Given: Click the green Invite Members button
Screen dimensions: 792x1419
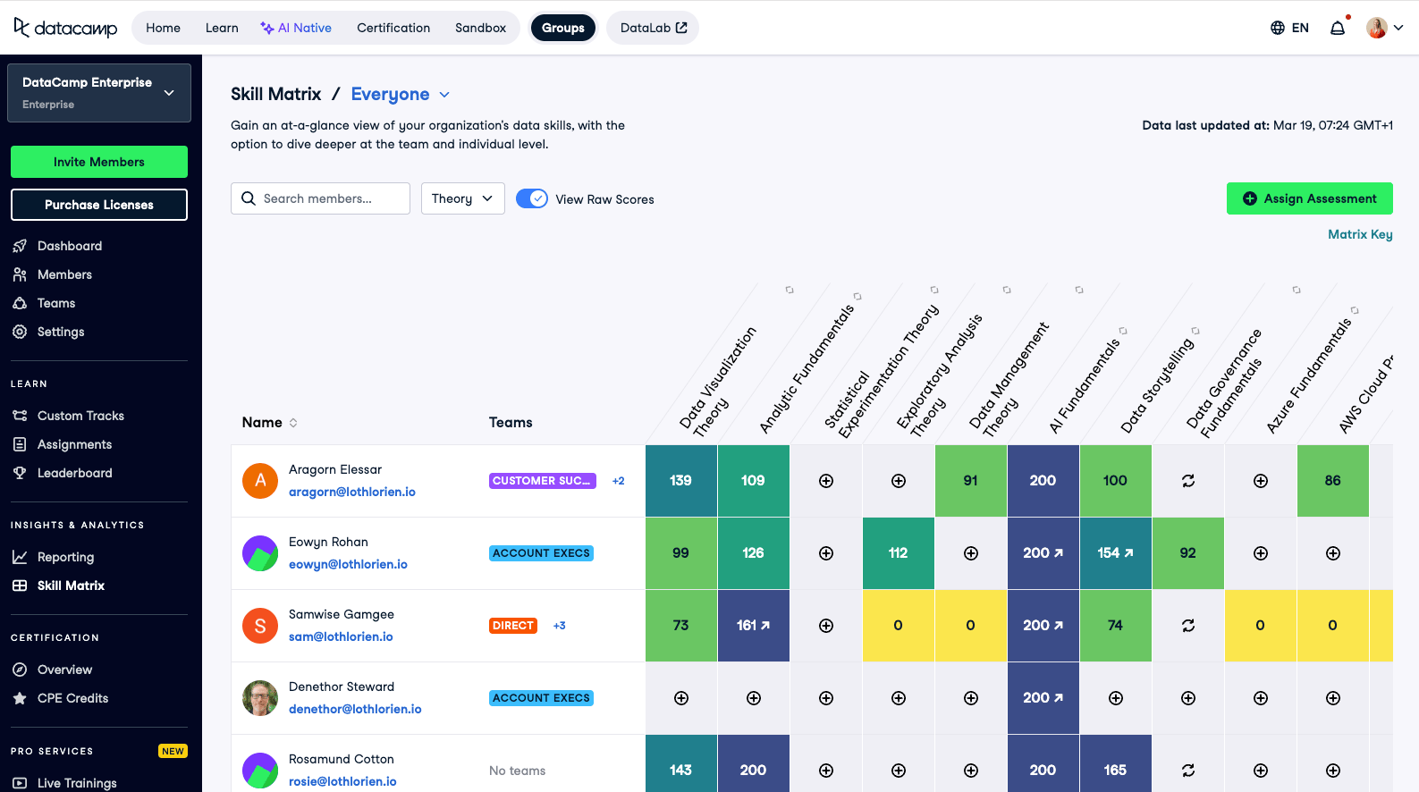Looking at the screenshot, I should (x=99, y=162).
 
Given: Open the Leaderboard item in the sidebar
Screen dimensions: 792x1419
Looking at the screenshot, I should (x=74, y=473).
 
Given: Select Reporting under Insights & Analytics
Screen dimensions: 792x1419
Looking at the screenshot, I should (x=65, y=557).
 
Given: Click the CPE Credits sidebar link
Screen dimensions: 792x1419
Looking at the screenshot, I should (x=72, y=698).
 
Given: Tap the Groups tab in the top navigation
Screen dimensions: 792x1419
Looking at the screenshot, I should (x=562, y=28).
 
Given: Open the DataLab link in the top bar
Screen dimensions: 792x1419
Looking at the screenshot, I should (x=653, y=28).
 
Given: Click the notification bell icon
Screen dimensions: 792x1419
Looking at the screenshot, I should (x=1338, y=28).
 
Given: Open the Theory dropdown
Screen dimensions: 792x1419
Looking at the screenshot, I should (x=462, y=198).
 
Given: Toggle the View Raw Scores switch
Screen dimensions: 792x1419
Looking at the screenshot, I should (x=532, y=198).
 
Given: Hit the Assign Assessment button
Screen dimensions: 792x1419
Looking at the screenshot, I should (x=1309, y=198).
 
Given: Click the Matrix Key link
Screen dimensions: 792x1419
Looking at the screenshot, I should (x=1360, y=234).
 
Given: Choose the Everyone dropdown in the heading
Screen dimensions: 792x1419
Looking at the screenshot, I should (x=400, y=94).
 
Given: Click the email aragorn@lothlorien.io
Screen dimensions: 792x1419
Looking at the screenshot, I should (x=351, y=492).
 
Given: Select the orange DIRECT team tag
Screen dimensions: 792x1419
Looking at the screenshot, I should (x=513, y=626).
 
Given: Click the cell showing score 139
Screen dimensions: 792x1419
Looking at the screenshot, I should (x=680, y=481).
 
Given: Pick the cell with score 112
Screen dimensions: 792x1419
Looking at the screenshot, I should (x=898, y=553).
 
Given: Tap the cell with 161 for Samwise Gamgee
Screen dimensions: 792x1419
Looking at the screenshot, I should (x=753, y=626).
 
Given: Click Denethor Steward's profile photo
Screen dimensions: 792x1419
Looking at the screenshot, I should (x=260, y=698).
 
